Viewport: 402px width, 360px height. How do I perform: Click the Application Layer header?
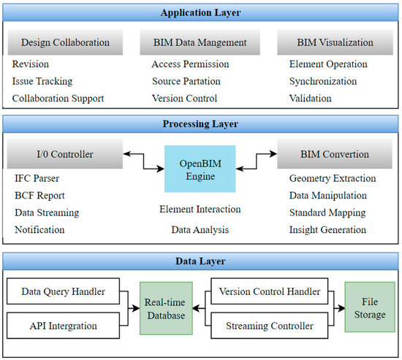(x=201, y=12)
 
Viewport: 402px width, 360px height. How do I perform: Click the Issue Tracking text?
(x=42, y=81)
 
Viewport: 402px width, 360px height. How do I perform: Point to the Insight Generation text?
(x=327, y=230)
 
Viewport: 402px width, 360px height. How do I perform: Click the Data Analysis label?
(x=200, y=230)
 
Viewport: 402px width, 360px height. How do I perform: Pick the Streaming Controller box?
(x=270, y=326)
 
